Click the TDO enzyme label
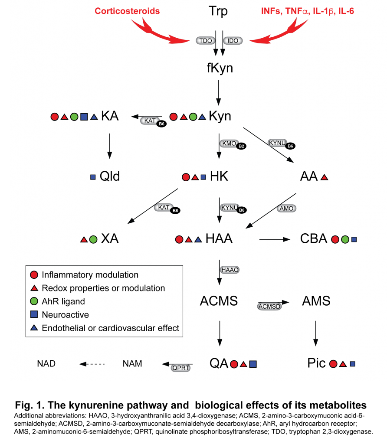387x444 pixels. [205, 40]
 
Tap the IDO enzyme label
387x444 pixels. [233, 40]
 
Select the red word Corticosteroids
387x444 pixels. [127, 11]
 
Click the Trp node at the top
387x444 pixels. [218, 11]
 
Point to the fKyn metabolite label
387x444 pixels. [220, 68]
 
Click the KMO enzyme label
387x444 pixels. [229, 144]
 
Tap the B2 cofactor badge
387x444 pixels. [241, 146]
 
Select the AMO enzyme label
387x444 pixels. [286, 209]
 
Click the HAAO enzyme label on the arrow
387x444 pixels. [230, 270]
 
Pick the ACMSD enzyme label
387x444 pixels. [269, 307]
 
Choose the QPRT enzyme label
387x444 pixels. [181, 368]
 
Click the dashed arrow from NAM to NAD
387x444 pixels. [92, 364]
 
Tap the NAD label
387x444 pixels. [46, 364]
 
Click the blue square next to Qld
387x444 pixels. [93, 177]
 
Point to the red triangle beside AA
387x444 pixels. [325, 177]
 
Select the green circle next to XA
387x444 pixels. [93, 239]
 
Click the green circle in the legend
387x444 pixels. [34, 301]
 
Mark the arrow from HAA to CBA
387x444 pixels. [275, 239]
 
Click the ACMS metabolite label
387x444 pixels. [219, 301]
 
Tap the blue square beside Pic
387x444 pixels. [353, 364]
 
